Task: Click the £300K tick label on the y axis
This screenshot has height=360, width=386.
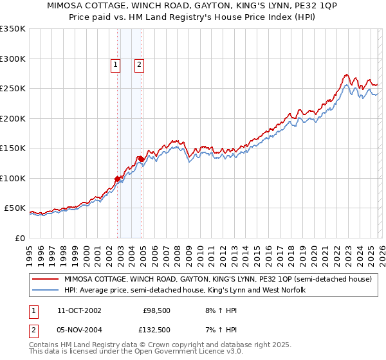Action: [13, 59]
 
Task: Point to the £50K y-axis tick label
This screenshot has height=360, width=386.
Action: [15, 208]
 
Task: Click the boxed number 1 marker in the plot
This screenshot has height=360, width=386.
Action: [115, 64]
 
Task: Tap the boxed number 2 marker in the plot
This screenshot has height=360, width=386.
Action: [139, 64]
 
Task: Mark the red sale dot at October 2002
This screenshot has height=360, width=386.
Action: [118, 179]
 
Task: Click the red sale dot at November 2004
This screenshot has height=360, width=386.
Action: [141, 158]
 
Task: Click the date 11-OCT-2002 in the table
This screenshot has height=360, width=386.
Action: [78, 310]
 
